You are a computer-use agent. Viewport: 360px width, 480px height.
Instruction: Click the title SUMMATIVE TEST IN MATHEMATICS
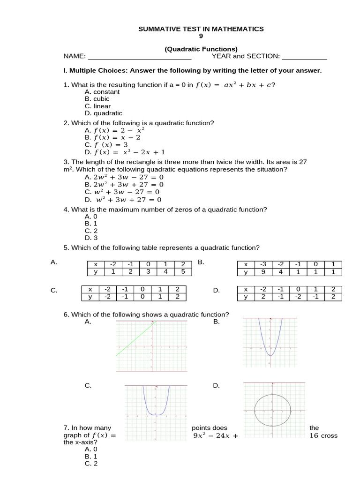point(201,29)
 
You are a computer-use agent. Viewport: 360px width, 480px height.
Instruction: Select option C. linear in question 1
point(97,106)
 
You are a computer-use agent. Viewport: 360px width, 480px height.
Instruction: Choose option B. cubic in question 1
point(97,99)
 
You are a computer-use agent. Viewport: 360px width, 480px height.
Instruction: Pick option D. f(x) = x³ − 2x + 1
point(125,152)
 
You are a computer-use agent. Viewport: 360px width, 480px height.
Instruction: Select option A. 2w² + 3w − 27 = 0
point(124,177)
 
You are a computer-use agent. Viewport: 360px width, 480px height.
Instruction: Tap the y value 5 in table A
point(183,271)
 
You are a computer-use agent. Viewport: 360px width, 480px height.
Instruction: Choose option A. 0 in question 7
point(91,449)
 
